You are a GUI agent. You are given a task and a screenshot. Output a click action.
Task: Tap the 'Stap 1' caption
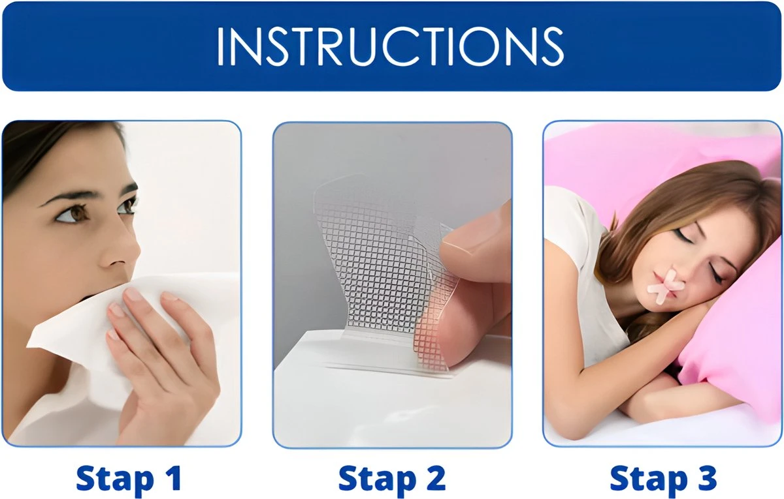pos(128,479)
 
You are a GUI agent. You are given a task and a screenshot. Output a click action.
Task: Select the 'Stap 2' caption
pos(391,479)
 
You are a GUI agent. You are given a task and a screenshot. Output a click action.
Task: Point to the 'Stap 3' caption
pos(662,479)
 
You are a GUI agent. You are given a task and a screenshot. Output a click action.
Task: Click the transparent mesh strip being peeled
pos(366,261)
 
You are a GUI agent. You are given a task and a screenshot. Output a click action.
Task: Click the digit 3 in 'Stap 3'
pos(704,479)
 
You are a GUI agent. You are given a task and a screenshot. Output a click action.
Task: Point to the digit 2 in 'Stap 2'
pos(433,479)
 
